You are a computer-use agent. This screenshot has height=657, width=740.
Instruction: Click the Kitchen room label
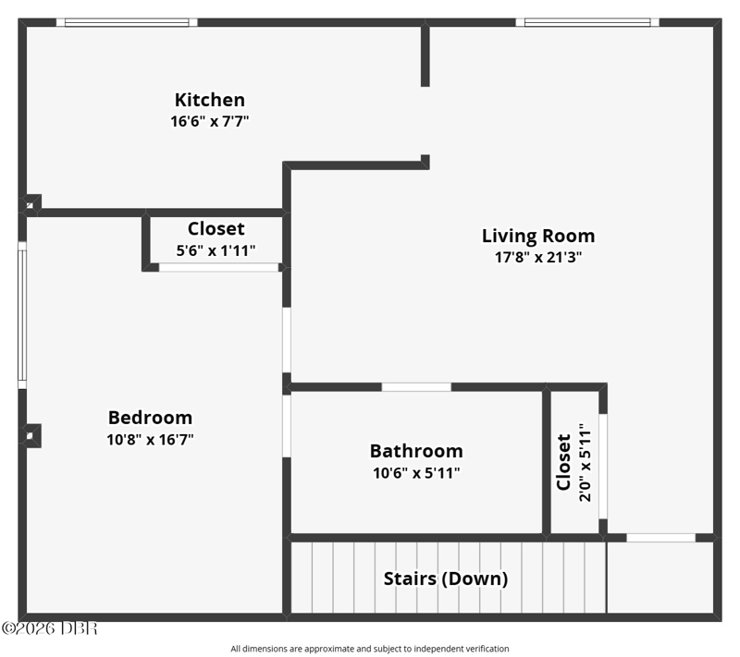(210, 100)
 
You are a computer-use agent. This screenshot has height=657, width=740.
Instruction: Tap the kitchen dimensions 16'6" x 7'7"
(210, 122)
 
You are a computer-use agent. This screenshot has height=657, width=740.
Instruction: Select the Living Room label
(538, 237)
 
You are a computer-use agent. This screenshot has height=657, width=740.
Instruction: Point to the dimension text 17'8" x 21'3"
(538, 257)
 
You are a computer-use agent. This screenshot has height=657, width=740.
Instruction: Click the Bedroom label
(150, 418)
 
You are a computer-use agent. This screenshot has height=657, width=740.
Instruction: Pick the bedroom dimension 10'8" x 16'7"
(150, 440)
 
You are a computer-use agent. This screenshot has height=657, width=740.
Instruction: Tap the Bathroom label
(416, 451)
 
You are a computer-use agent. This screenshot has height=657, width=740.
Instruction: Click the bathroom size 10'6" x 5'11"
(416, 473)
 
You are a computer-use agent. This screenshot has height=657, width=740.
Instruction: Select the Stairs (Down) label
(446, 578)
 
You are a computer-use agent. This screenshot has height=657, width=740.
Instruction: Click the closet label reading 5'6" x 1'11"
(216, 250)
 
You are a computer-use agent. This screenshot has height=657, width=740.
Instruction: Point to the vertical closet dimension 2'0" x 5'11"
(586, 462)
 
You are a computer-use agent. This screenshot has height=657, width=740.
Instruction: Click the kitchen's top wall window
(127, 22)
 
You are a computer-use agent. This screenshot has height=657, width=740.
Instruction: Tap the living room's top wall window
(587, 22)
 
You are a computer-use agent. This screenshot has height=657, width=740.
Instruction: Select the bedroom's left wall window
(22, 315)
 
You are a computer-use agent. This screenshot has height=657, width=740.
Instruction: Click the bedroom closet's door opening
(218, 268)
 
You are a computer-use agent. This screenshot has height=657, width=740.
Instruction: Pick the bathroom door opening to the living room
(416, 387)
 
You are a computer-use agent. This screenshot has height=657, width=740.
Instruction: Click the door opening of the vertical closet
(603, 467)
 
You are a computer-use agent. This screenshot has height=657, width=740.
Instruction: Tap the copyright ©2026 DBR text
(50, 628)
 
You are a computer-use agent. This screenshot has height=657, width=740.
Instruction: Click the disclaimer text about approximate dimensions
(369, 649)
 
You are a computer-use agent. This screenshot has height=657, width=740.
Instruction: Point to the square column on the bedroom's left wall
(31, 436)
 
